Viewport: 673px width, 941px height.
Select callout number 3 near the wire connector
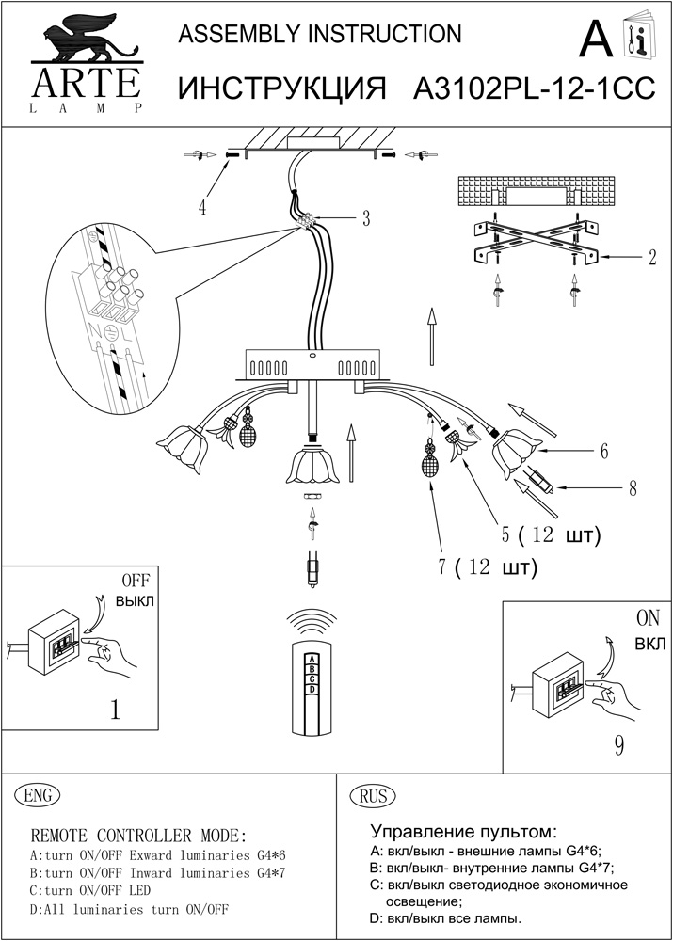[x=365, y=218]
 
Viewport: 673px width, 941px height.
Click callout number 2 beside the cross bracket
[x=651, y=257]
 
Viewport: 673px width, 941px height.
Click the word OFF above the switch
[x=136, y=581]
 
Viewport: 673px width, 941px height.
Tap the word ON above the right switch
[x=649, y=618]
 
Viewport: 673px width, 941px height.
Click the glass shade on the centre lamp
[x=312, y=465]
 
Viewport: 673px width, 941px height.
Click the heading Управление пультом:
[x=463, y=832]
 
